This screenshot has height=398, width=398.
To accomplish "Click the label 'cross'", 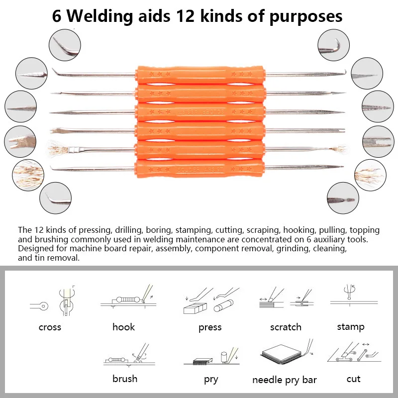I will (50, 327).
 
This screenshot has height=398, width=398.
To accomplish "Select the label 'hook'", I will (123, 327).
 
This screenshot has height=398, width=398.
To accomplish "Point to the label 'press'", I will (210, 327).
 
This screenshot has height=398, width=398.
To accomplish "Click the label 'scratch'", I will (286, 327).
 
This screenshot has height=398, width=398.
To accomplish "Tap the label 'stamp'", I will (350, 326).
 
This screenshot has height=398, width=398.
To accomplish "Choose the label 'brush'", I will (125, 379).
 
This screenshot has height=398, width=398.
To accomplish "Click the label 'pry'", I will (211, 380).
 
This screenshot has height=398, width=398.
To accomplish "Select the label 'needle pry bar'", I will (284, 380).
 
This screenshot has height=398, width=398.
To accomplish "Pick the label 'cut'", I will (353, 379).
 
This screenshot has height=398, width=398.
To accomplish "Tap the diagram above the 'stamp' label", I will (353, 296).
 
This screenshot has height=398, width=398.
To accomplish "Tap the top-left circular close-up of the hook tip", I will (64, 45).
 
